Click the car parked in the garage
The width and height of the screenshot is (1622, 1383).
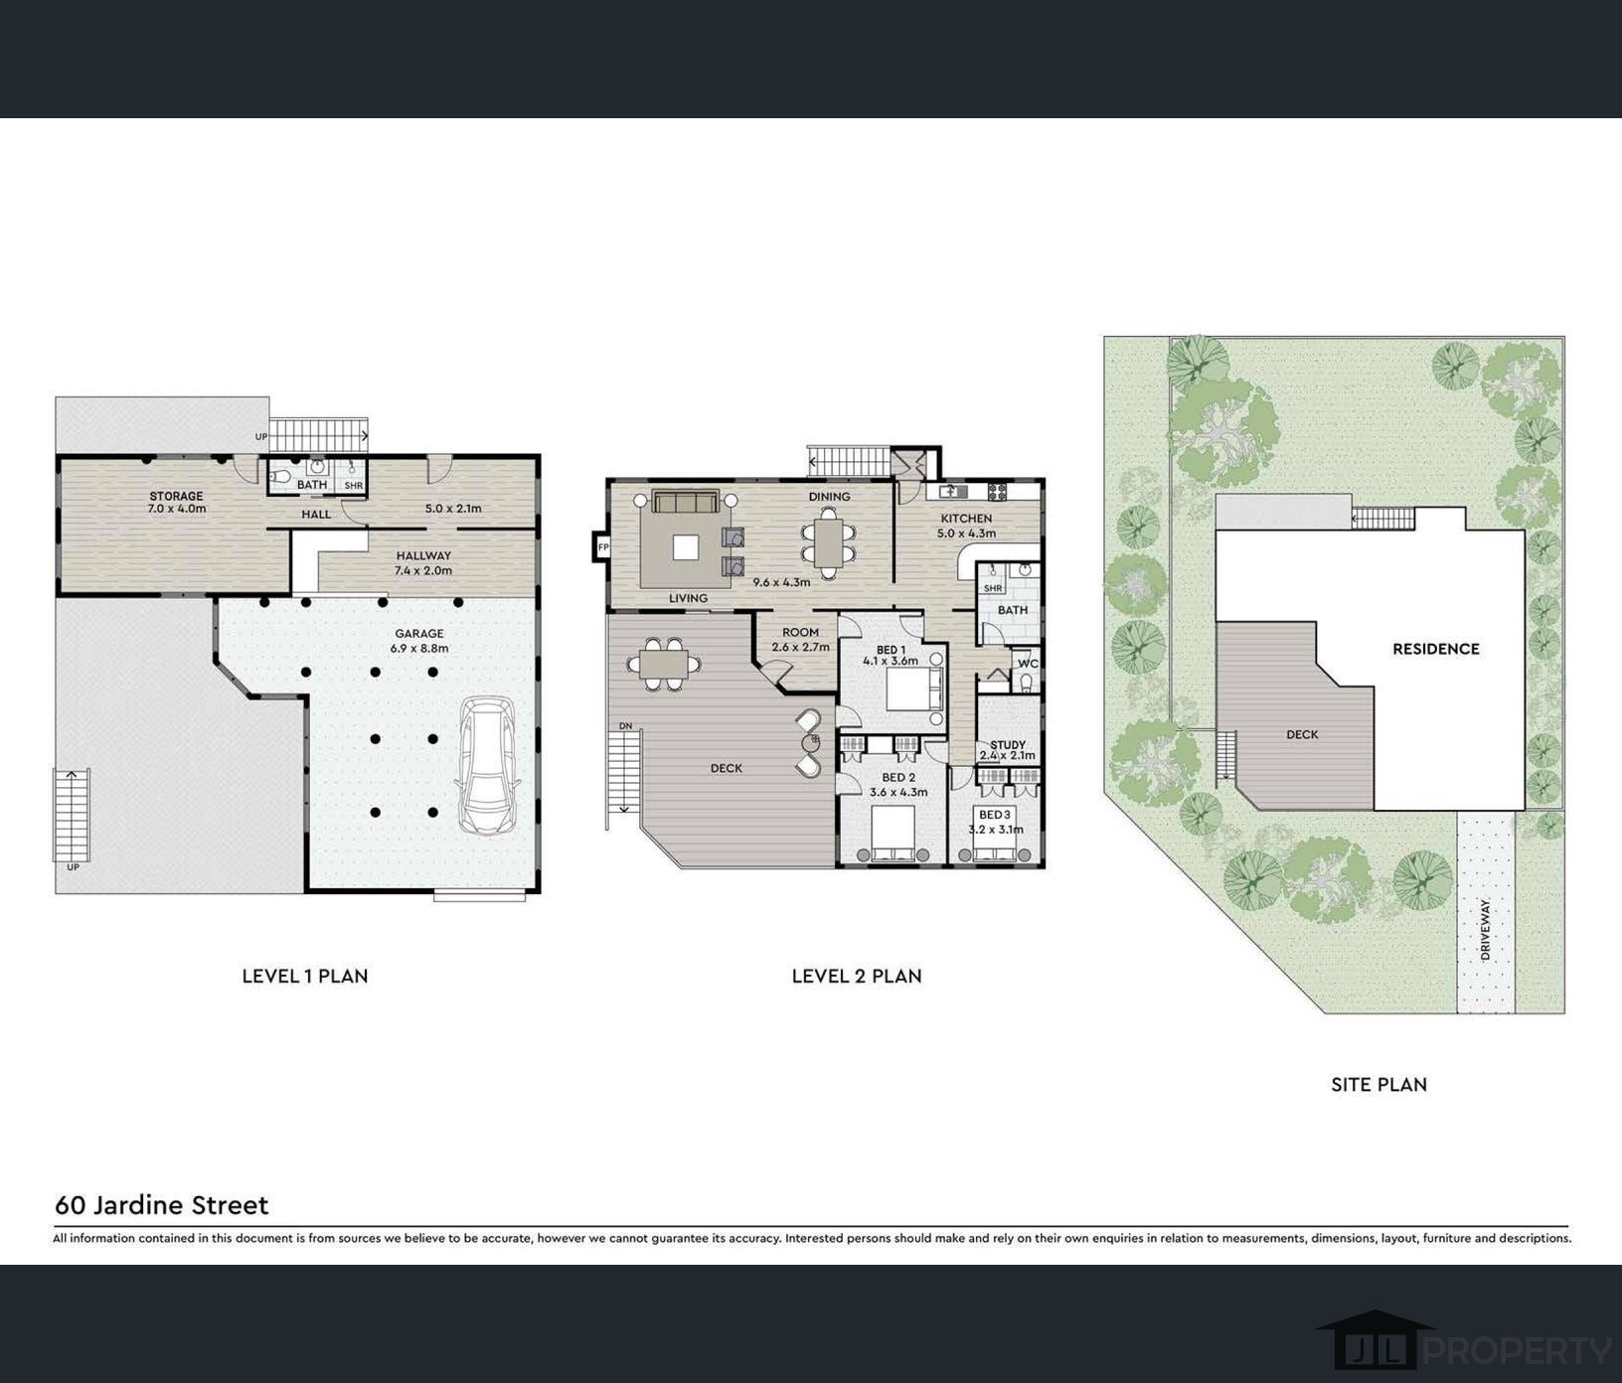(x=485, y=764)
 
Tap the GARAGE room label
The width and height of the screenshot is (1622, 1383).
(x=419, y=634)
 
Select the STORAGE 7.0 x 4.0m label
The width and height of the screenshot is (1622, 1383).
(x=177, y=502)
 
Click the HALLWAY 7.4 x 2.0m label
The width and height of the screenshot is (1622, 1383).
(x=423, y=562)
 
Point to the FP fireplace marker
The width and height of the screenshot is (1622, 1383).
(x=602, y=546)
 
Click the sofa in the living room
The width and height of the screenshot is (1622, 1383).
(x=686, y=502)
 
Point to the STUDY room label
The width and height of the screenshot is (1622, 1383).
(x=1008, y=744)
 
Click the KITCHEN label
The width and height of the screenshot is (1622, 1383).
(x=966, y=519)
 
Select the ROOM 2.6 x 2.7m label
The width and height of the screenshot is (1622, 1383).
(x=800, y=639)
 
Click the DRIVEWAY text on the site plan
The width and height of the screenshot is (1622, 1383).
(x=1486, y=929)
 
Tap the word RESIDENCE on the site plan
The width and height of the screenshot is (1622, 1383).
(x=1436, y=649)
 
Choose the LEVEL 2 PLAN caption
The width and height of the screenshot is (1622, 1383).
(x=857, y=977)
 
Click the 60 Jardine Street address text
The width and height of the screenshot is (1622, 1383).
(x=162, y=1205)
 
